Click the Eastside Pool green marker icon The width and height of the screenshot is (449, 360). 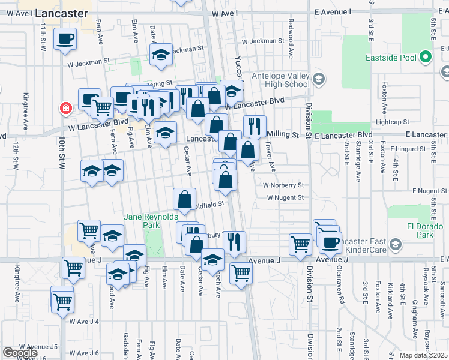pos(426,58)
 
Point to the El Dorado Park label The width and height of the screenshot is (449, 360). pos(412,231)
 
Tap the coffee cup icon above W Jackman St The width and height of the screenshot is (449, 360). pos(65,40)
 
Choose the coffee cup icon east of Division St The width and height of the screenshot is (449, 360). pos(330,242)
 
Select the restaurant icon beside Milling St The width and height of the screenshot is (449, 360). pos(255,126)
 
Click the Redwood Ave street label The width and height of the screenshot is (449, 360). pos(291,46)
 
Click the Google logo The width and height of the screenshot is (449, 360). pos(20,353)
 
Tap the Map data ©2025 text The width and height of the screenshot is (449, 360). pos(423,355)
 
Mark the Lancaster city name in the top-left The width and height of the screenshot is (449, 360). pos(62,13)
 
